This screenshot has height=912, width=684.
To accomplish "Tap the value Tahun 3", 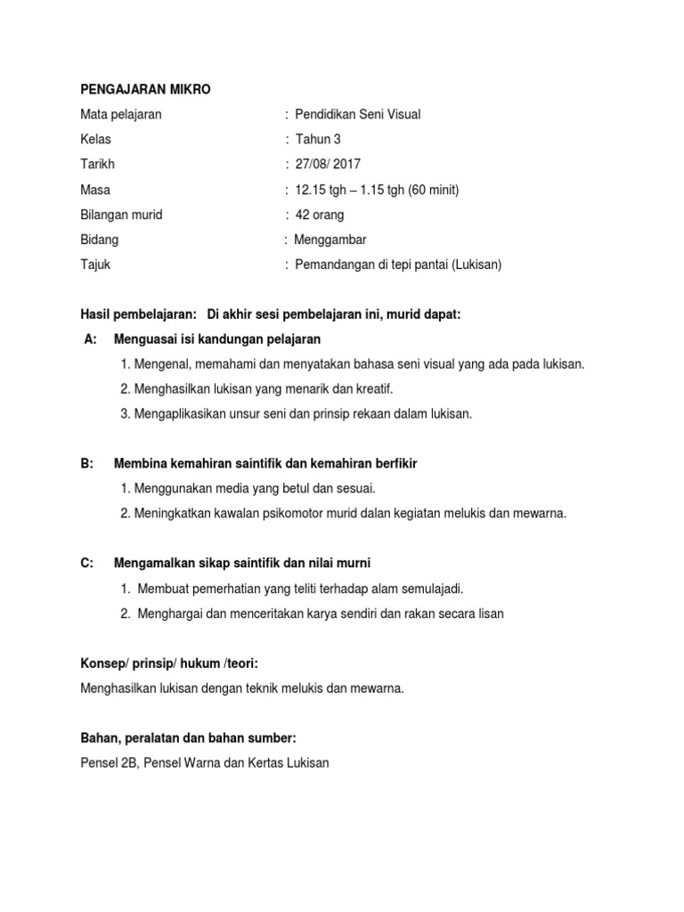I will (x=318, y=139).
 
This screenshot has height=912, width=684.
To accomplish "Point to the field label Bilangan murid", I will (x=121, y=215).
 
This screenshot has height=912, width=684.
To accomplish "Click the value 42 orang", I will (x=320, y=215).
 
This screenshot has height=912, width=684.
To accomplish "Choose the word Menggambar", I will (x=330, y=240).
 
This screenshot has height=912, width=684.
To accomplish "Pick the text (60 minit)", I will (x=434, y=190).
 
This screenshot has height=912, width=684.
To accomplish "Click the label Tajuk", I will (x=95, y=265).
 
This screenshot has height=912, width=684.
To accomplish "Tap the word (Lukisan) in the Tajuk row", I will (x=475, y=265).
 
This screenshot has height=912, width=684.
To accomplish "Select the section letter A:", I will (x=89, y=339).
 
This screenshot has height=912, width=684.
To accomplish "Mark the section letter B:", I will (x=87, y=464).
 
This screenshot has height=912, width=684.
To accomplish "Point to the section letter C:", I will (x=87, y=563).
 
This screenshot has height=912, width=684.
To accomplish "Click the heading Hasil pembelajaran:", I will (x=138, y=314).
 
